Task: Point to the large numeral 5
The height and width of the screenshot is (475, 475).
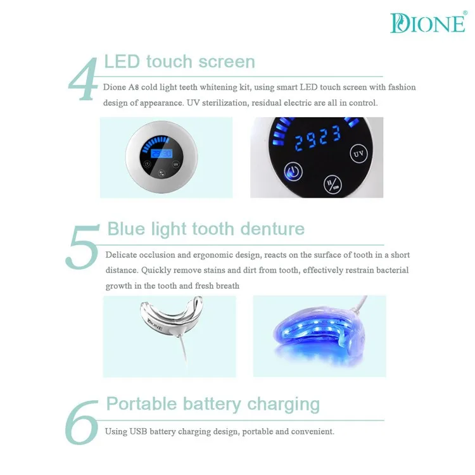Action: pos(82,245)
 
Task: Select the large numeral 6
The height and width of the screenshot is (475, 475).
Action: pos(83,421)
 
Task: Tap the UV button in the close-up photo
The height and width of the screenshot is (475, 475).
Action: pos(358,153)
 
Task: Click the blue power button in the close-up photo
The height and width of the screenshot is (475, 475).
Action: pos(293,171)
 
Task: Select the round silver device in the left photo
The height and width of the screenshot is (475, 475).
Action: pos(161,157)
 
